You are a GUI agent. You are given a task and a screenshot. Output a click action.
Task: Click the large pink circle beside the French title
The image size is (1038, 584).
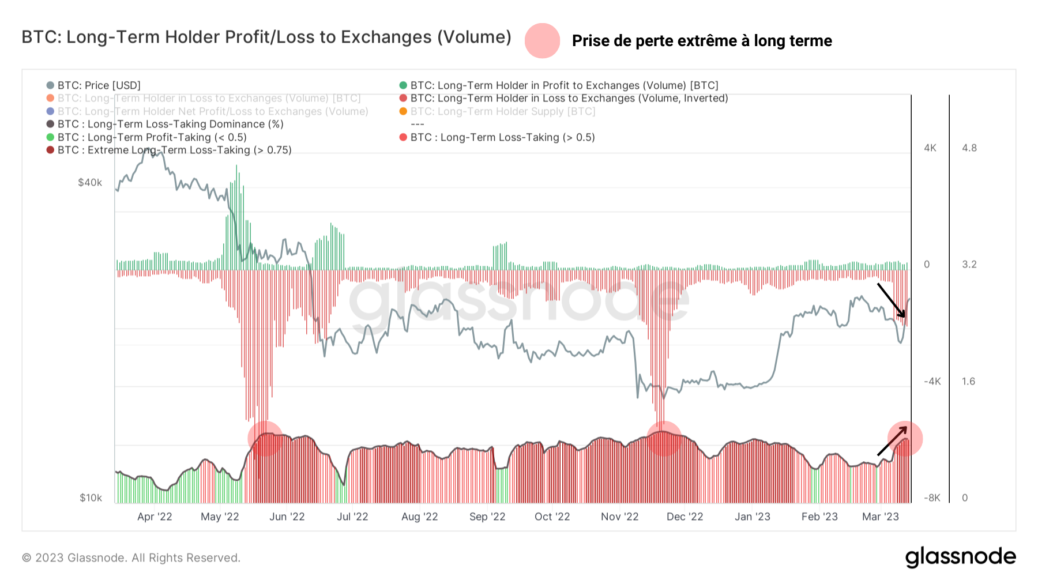click(542, 41)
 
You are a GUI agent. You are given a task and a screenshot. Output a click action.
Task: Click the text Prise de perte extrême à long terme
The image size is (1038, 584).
click(701, 41)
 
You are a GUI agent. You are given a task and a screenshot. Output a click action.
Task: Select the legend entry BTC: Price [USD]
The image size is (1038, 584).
click(99, 85)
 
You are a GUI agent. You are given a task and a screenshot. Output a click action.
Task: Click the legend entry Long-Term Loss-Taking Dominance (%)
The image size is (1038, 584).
click(170, 124)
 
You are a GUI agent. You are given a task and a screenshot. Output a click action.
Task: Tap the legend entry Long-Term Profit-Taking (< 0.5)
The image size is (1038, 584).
click(152, 137)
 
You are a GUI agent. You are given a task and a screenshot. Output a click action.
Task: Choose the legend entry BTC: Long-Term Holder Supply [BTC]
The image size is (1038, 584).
click(502, 111)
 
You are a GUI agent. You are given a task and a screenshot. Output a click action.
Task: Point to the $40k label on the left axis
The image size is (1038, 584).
click(90, 183)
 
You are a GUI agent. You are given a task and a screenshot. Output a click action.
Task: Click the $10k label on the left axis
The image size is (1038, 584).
click(91, 498)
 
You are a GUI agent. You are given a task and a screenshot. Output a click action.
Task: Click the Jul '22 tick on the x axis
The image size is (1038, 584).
click(352, 517)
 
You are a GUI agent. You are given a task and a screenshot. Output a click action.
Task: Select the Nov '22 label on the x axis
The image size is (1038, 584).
click(619, 517)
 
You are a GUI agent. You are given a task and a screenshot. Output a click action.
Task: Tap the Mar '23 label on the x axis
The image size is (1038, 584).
click(880, 517)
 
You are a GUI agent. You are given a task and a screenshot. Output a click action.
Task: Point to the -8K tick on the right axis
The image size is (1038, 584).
click(932, 498)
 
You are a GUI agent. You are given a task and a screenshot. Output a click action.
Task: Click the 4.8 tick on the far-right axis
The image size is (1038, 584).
click(969, 148)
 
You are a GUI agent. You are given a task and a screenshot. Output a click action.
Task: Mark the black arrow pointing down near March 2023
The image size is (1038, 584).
click(892, 300)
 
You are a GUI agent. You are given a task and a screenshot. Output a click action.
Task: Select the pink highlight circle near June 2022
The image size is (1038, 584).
click(265, 439)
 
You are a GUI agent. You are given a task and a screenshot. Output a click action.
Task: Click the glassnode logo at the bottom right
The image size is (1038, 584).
click(960, 557)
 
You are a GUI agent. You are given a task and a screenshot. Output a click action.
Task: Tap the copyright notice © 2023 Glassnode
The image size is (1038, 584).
click(131, 557)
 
